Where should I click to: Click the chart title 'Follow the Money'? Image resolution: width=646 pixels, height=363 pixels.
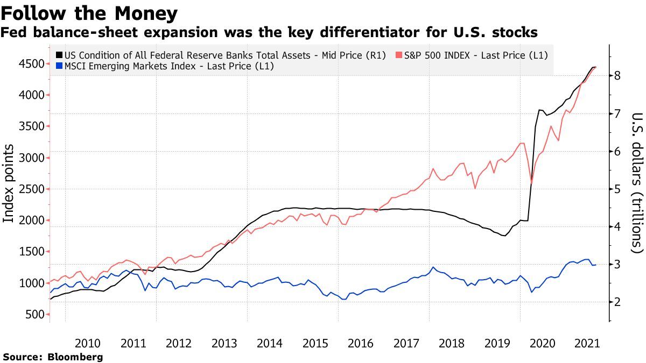pos(89,12)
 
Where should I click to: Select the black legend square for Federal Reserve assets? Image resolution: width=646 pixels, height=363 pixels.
pos(59,55)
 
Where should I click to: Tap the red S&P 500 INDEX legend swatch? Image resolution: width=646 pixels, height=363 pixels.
pos(398,55)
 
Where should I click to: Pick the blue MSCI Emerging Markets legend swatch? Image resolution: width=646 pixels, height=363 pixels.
pos(59,67)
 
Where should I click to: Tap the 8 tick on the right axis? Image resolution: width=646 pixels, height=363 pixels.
pos(619,76)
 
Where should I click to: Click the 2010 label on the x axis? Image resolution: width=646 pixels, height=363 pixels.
pos(88,343)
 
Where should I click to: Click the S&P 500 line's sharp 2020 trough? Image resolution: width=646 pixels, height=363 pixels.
pos(532,183)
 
